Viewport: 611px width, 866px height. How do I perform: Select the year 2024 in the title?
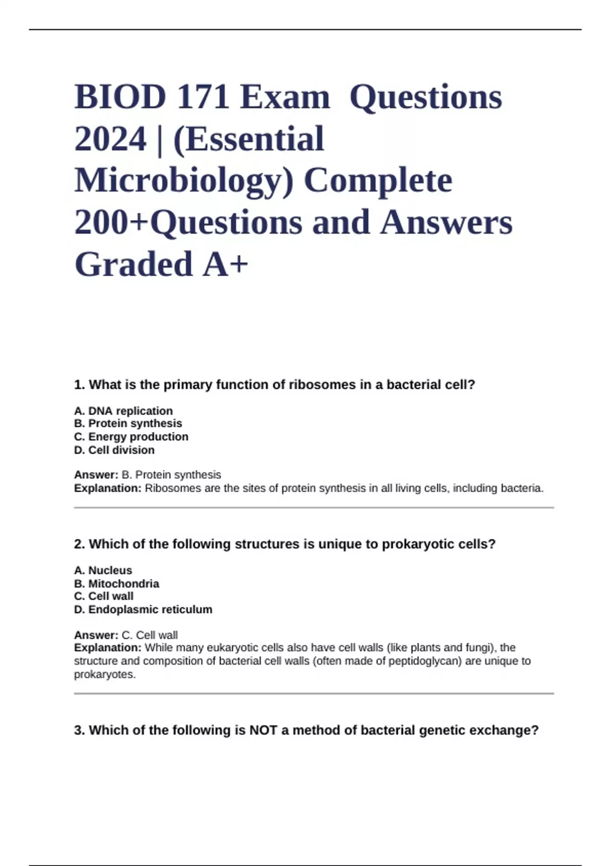(x=110, y=139)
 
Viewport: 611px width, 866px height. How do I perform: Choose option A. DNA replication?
(x=123, y=411)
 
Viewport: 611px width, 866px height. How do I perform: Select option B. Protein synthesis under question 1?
(x=128, y=423)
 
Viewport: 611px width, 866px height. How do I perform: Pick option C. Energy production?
(x=131, y=437)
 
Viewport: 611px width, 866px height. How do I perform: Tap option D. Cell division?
(x=114, y=450)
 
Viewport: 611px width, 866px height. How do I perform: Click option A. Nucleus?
(x=103, y=570)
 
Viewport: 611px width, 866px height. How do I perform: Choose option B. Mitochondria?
(x=117, y=583)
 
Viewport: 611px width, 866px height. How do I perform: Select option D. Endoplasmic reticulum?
(x=143, y=609)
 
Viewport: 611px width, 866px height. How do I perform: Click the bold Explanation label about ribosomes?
(x=107, y=488)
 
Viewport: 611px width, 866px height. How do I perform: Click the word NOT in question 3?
(x=263, y=730)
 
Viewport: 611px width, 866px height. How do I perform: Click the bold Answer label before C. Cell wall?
(x=96, y=635)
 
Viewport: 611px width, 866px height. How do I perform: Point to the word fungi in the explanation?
(x=478, y=648)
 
